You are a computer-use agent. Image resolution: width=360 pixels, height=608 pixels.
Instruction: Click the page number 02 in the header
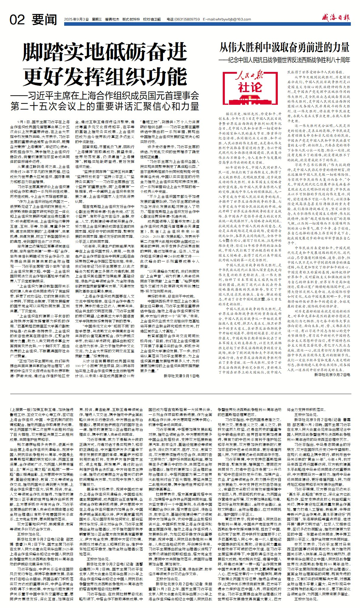(x=17, y=20)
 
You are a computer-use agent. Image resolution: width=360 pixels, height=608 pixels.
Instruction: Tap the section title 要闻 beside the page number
(x=44, y=20)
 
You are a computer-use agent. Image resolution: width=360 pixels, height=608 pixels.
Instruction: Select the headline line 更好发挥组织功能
(x=105, y=77)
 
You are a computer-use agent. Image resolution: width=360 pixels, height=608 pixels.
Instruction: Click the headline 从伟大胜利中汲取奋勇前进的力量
(x=284, y=47)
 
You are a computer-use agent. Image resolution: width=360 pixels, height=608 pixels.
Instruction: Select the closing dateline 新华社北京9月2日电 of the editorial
(x=332, y=374)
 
